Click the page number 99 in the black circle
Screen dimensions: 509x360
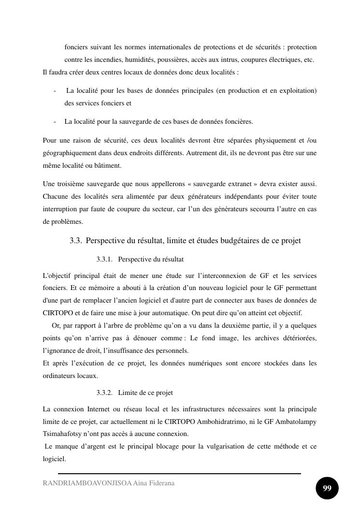[x=327, y=488]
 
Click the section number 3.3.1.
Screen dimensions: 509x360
[x=104, y=260]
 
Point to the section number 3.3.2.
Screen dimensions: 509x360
[x=104, y=393]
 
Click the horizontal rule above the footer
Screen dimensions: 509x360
[x=179, y=474]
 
